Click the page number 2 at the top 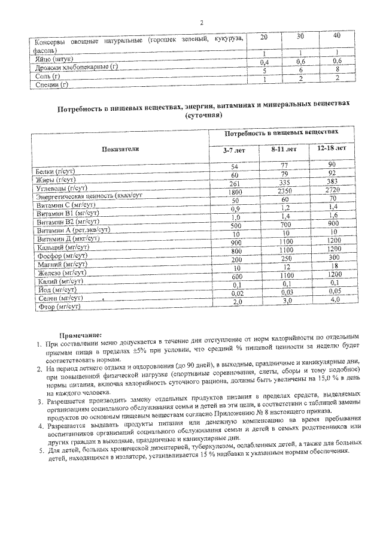(202, 22)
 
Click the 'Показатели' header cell (120, 149)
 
